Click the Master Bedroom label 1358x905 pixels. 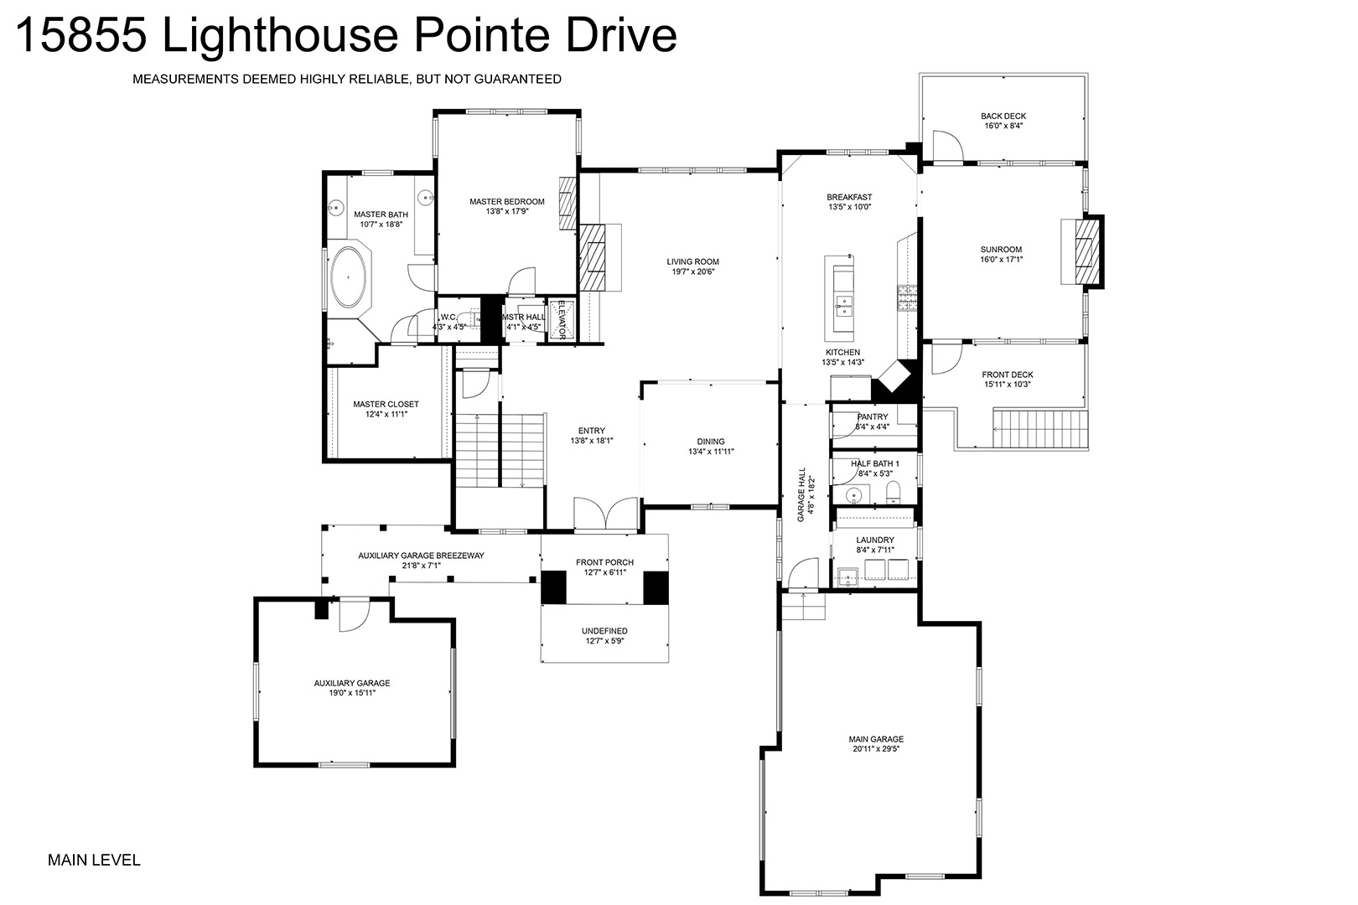click(507, 202)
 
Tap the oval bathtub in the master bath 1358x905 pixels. click(348, 277)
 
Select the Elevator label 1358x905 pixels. click(562, 319)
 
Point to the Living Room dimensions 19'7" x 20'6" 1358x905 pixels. click(693, 271)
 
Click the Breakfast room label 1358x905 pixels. click(849, 197)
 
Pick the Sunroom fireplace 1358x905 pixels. click(1083, 251)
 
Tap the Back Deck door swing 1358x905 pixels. click(947, 146)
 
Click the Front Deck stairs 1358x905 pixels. click(1040, 429)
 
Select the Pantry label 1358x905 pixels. click(873, 417)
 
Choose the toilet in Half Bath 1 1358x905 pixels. click(894, 493)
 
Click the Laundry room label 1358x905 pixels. click(875, 540)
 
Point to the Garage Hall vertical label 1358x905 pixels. click(801, 494)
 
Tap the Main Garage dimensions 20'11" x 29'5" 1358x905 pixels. click(875, 748)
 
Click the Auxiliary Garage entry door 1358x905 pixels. click(354, 614)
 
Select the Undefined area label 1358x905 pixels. click(604, 631)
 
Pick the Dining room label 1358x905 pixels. click(711, 442)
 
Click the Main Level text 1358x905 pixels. click(94, 860)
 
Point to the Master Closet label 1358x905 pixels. click(386, 404)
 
